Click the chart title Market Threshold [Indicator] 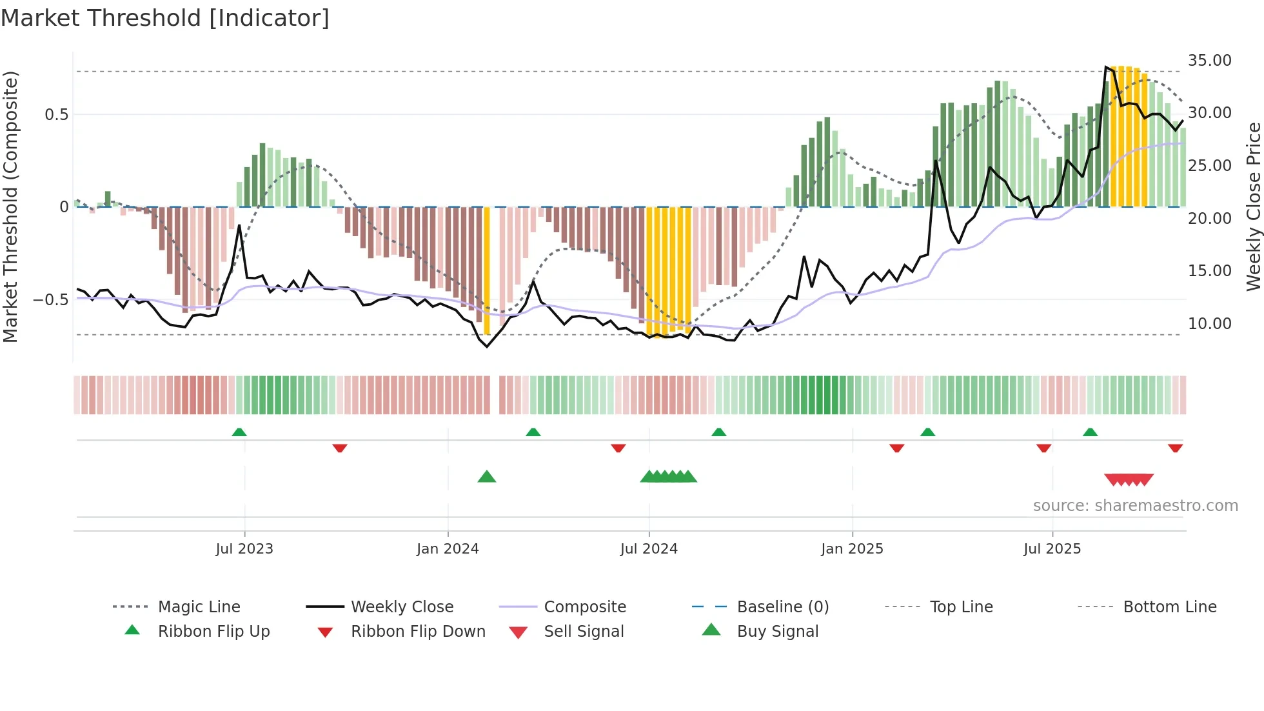(165, 18)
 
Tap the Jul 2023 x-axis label (244, 549)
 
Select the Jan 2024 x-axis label (448, 549)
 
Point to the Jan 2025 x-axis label (852, 549)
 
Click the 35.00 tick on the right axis (1209, 61)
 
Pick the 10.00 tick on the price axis (1209, 324)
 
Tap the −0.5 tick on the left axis (50, 300)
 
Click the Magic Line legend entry (199, 607)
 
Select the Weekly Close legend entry (402, 607)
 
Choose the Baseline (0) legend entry (782, 607)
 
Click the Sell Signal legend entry (584, 632)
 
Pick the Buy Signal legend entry (777, 632)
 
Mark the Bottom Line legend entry (1169, 607)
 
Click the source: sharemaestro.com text (1135, 506)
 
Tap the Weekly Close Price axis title (1253, 206)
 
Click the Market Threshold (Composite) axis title (10, 206)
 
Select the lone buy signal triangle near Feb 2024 (487, 477)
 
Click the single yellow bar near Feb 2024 (487, 271)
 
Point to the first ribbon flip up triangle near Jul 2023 (239, 432)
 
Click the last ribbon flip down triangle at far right (1175, 448)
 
